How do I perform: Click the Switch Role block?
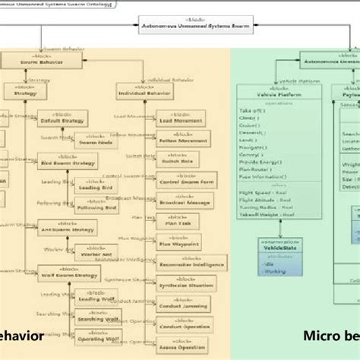pos(179,161)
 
